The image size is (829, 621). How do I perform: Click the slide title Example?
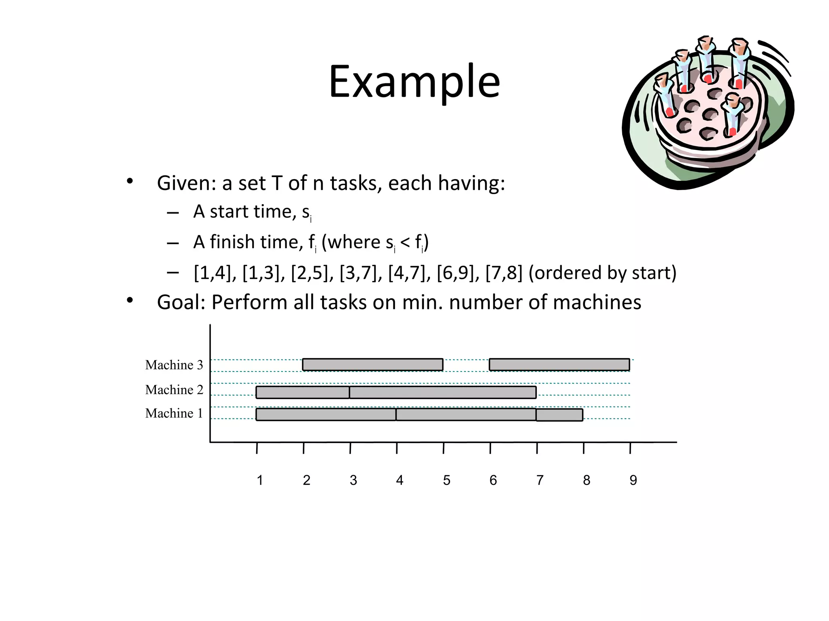[x=414, y=82]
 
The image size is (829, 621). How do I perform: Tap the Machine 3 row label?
[x=174, y=365]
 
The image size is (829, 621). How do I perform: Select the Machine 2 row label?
[x=174, y=390]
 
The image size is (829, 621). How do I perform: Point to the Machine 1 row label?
[x=174, y=413]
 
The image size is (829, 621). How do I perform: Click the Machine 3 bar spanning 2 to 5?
[x=372, y=365]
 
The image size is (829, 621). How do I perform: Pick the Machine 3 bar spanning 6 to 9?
[x=559, y=365]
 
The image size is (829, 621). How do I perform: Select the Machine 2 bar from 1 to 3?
[x=302, y=392]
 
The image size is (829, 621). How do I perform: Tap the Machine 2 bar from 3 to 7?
[x=442, y=392]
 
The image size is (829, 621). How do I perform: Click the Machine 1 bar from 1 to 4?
[x=326, y=414]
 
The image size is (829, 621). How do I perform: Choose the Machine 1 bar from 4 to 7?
[x=466, y=414]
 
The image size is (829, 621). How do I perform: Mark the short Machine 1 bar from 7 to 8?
[x=559, y=415]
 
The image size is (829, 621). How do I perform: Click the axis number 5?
[x=446, y=480]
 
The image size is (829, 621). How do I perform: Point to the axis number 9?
[x=633, y=480]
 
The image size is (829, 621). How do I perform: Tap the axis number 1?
[x=260, y=480]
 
